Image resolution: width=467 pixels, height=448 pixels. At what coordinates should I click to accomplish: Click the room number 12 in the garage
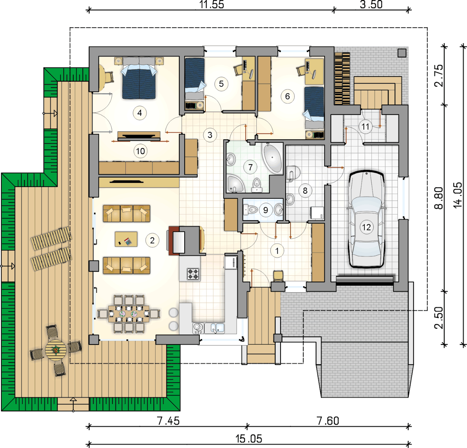pos(366,227)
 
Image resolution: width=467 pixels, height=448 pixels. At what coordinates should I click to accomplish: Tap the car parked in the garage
pos(366,219)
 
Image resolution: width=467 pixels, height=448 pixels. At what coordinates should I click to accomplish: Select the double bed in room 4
pos(139,78)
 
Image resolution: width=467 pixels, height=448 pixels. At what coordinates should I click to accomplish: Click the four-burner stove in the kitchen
pos(193,273)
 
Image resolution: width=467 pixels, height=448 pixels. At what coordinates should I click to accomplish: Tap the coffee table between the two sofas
pos(126,239)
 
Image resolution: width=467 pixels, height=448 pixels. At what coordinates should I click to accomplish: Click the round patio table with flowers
pos(56,350)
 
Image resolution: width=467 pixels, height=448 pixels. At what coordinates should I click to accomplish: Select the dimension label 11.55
pos(212,5)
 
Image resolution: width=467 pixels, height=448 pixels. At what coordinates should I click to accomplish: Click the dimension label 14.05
pos(458,195)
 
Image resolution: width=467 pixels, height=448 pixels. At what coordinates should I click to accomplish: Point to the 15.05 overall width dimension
pos(249,439)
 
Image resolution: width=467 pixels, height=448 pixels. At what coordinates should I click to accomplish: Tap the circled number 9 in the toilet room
pos(265,210)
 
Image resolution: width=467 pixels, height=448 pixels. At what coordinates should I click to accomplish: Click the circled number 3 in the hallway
pos(210,135)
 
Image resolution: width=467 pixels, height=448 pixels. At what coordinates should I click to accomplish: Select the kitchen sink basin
pos(217,328)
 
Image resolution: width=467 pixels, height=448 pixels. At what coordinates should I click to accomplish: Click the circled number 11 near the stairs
pos(365,126)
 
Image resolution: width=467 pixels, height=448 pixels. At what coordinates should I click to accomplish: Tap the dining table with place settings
pos(129,314)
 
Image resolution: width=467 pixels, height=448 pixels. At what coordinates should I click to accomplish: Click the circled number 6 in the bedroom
pos(287,96)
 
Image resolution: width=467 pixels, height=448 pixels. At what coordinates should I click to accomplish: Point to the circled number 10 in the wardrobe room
pos(140,151)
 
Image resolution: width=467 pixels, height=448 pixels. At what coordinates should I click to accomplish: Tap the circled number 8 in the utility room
pos(305,190)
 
